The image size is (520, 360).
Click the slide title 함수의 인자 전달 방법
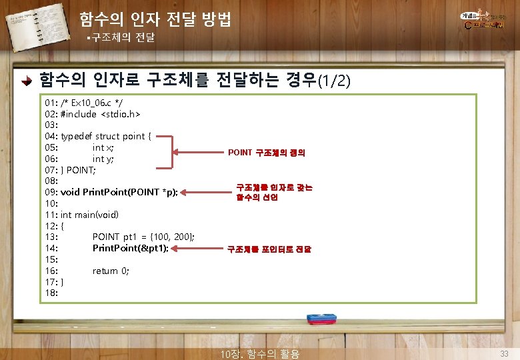click(155, 19)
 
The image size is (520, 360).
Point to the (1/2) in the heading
click(333, 81)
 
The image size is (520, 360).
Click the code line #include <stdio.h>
click(100, 114)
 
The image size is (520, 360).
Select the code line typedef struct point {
click(105, 136)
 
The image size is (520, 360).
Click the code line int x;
click(103, 147)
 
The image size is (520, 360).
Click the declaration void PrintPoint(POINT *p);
click(119, 192)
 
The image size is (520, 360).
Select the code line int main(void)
click(89, 215)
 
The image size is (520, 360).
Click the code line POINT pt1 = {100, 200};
click(143, 237)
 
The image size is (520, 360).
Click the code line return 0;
click(111, 271)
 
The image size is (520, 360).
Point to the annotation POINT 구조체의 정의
click(267, 153)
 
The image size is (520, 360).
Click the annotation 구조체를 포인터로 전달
click(269, 250)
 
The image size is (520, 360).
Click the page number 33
click(505, 353)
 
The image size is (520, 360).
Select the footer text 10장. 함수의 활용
click(259, 353)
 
